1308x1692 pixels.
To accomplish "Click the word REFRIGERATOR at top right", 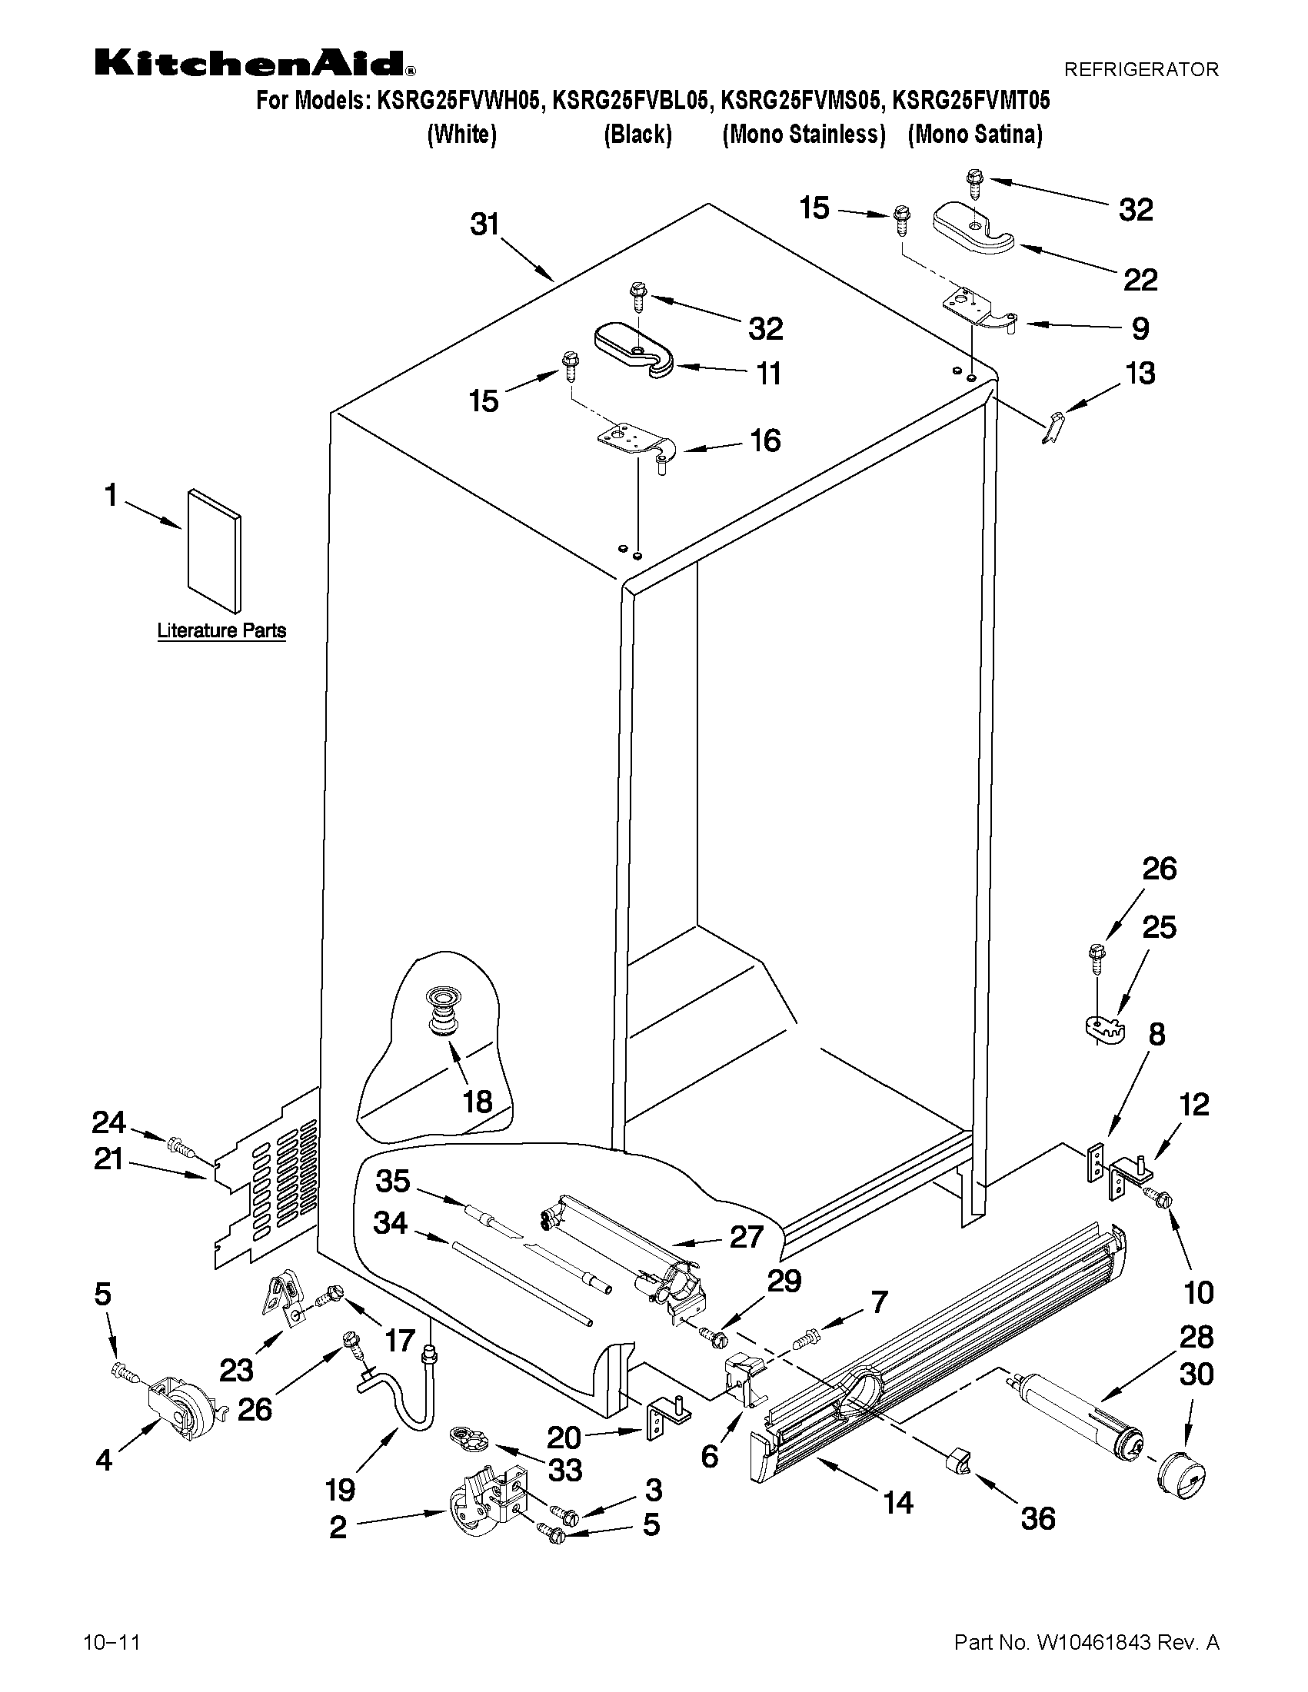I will tap(1140, 70).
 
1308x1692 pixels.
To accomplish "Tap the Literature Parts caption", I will tap(221, 630).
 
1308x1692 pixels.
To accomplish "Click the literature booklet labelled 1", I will tap(214, 550).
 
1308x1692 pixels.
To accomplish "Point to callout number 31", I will tap(485, 224).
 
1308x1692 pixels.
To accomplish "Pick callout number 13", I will tap(1140, 374).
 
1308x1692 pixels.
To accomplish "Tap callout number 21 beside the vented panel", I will tap(108, 1159).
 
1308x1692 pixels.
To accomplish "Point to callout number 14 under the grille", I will tap(897, 1503).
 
